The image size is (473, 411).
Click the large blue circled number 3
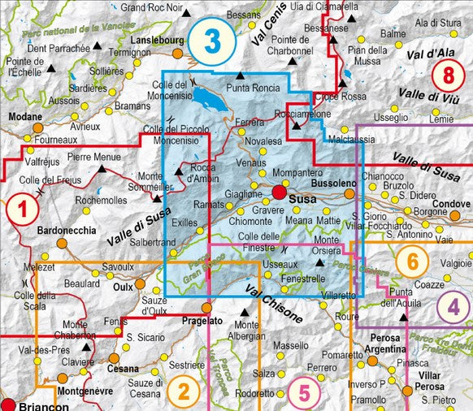coord(211,41)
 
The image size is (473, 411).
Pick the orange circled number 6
coord(413,261)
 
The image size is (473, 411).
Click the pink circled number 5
coord(304,392)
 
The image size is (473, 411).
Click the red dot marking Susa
coord(280,193)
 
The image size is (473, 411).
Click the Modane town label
coord(24,116)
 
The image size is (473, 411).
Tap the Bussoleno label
coord(333,184)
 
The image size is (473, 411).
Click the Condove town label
coord(453,203)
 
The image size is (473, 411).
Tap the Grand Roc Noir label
coord(152,7)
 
